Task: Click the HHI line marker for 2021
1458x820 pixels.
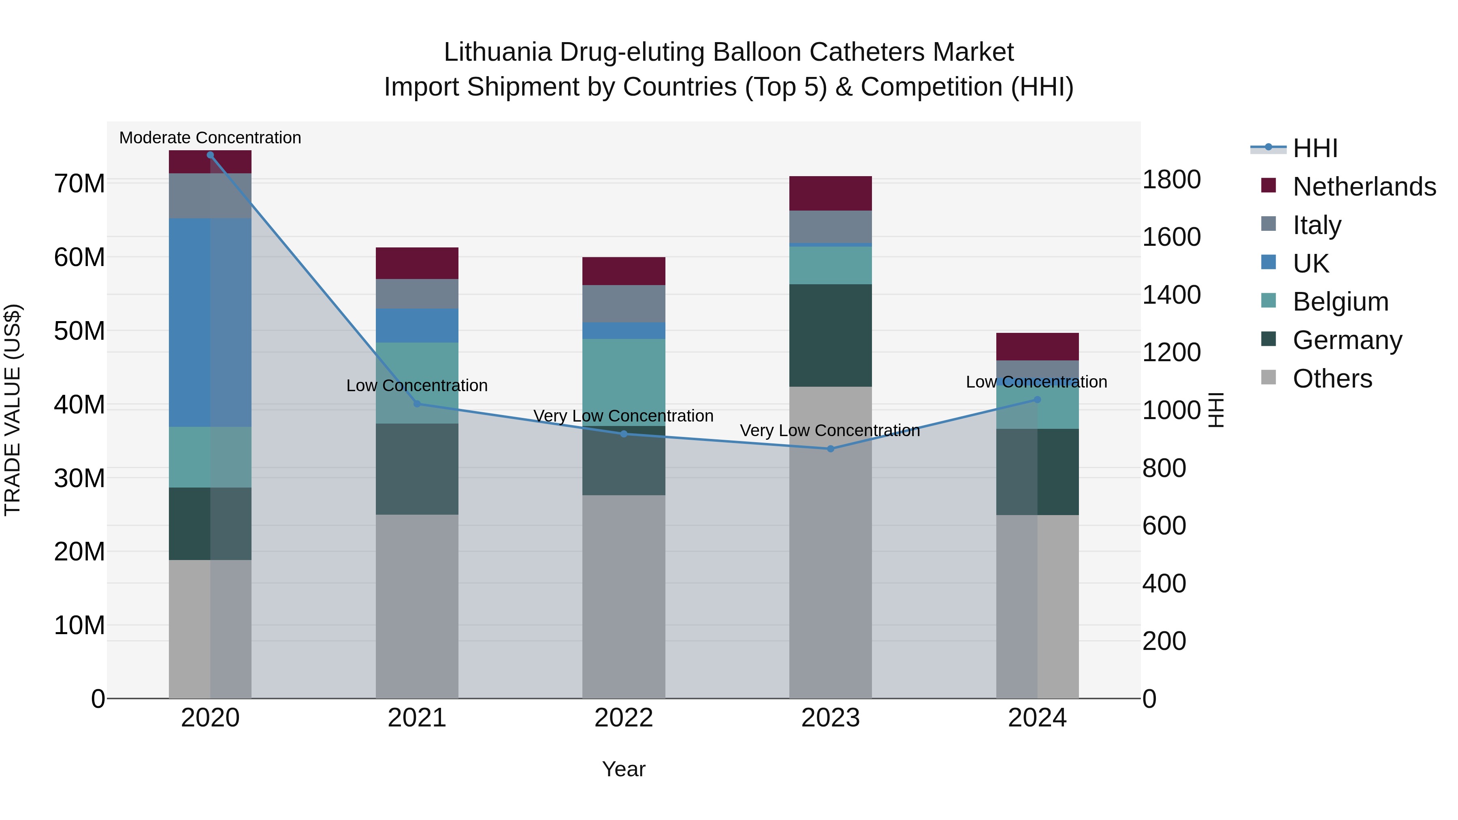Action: (417, 403)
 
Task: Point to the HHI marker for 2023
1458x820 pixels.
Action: (830, 449)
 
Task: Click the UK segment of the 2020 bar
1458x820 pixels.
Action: (210, 323)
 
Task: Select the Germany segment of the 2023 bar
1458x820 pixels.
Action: (830, 336)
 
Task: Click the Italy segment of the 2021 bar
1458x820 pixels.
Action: (417, 294)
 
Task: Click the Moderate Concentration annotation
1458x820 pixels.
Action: (210, 138)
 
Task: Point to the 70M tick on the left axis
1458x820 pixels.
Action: (79, 183)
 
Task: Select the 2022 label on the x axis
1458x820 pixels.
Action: (624, 718)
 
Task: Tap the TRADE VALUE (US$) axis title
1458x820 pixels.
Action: (13, 410)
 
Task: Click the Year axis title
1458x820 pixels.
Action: (624, 769)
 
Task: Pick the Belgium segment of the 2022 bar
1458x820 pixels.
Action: (624, 382)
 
